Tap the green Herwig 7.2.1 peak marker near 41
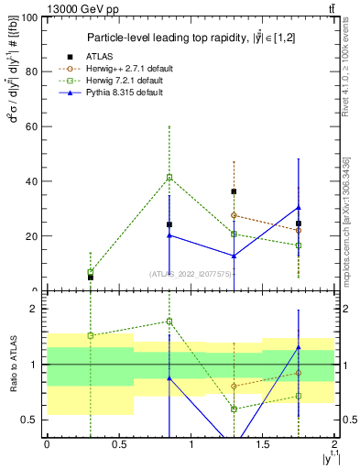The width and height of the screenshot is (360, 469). (169, 177)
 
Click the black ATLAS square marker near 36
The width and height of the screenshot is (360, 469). (235, 191)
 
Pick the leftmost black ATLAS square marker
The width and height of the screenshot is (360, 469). (90, 277)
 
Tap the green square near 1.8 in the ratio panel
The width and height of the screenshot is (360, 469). (169, 322)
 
